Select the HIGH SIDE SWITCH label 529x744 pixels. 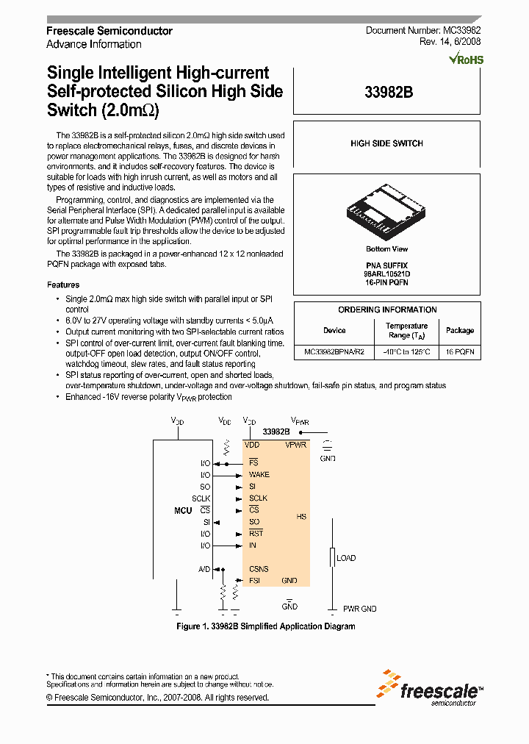(x=386, y=144)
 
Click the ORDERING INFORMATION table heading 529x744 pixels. (x=387, y=310)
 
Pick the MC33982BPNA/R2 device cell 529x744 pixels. (x=334, y=352)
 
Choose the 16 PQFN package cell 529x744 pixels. (x=460, y=352)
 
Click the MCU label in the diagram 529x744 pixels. (x=183, y=510)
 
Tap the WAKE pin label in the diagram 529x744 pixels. (x=259, y=474)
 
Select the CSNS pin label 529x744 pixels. (x=259, y=569)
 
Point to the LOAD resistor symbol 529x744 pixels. (x=332, y=558)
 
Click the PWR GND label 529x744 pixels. (x=359, y=609)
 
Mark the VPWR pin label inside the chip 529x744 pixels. (x=295, y=445)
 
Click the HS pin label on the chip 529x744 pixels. (x=301, y=517)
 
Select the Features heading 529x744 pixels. (x=63, y=285)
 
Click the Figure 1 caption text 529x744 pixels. (x=266, y=626)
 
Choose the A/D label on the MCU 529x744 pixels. (x=204, y=569)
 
